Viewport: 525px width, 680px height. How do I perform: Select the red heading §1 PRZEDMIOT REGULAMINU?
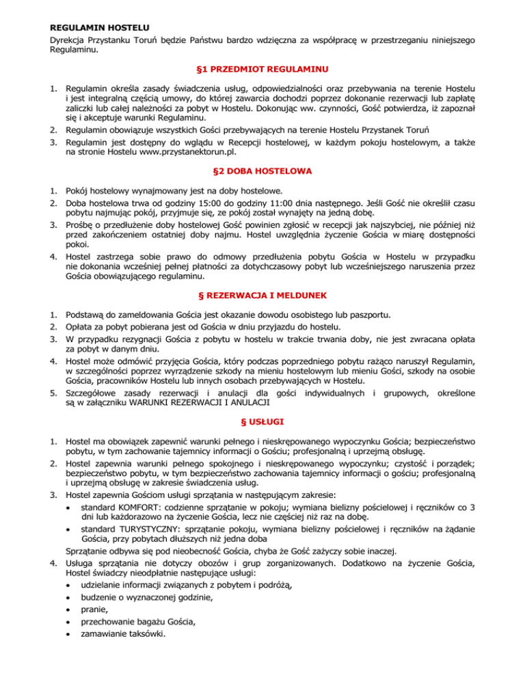pyautogui.click(x=262, y=68)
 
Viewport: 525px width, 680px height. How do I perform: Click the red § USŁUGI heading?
pyautogui.click(x=262, y=415)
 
